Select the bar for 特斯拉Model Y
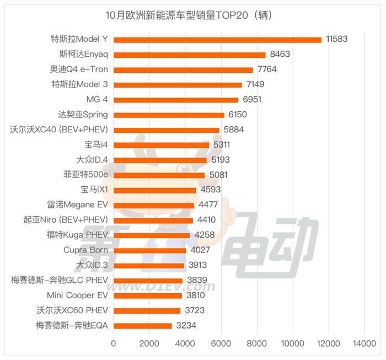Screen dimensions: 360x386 [217, 39]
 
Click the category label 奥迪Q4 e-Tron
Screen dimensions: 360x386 [79, 69]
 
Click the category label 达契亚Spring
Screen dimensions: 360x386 [83, 115]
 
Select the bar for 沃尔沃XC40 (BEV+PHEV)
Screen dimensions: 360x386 [166, 130]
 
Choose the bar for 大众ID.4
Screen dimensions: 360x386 [160, 160]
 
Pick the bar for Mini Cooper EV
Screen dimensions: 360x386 [147, 295]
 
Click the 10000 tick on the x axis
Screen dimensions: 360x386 [292, 343]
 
